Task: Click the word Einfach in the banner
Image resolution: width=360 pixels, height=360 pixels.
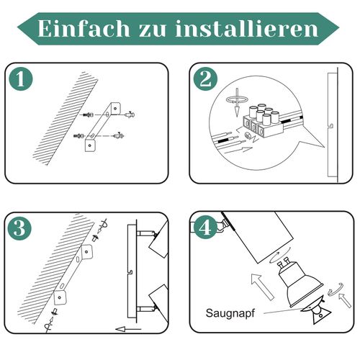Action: (84, 29)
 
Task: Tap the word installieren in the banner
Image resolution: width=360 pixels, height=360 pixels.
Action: (247, 29)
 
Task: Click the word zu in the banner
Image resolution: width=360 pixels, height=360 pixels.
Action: (153, 31)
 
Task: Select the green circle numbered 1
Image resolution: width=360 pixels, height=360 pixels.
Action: (21, 78)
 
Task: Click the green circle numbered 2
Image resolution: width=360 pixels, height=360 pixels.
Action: (205, 79)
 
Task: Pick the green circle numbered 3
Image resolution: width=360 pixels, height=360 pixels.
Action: (19, 228)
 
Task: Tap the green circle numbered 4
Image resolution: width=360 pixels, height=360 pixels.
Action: (205, 227)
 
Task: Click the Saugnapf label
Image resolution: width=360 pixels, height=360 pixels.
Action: (230, 313)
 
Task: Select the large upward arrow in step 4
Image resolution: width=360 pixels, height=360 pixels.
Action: (262, 286)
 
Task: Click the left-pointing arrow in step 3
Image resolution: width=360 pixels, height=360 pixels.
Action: (128, 329)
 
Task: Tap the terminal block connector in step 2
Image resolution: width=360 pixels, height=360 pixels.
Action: (263, 122)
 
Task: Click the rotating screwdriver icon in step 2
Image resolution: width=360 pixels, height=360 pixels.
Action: (237, 102)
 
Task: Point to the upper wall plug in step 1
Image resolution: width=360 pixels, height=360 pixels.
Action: (88, 115)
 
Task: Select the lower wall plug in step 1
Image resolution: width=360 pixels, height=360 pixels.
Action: (78, 136)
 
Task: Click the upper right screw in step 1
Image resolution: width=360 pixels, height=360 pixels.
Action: (130, 114)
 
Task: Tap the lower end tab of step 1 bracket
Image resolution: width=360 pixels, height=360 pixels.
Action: (91, 145)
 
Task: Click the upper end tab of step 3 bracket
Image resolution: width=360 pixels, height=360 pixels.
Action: (86, 252)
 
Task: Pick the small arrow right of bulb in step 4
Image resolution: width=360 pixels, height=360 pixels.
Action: (345, 300)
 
